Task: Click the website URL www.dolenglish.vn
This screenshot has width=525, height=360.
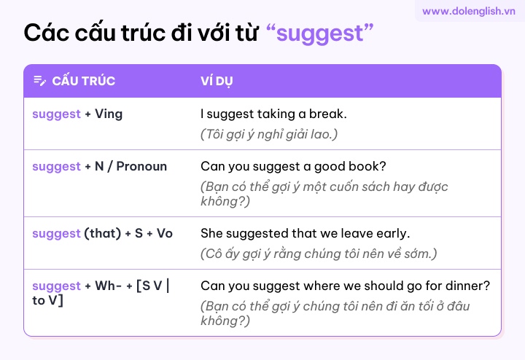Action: [x=468, y=11]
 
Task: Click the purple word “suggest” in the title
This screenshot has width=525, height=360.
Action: [x=320, y=34]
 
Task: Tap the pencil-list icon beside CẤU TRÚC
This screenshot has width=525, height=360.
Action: [x=40, y=81]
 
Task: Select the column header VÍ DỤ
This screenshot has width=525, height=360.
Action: [x=217, y=81]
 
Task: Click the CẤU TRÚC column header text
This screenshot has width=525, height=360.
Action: [x=84, y=81]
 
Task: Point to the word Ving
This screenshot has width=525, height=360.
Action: [x=109, y=114]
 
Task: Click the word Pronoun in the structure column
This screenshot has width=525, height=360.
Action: [x=141, y=166]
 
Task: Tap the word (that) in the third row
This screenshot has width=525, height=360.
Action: [x=103, y=233]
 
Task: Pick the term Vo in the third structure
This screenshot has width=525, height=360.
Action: [x=164, y=233]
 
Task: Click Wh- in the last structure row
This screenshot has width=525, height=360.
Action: [x=108, y=286]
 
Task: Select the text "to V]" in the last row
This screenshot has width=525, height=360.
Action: [x=47, y=300]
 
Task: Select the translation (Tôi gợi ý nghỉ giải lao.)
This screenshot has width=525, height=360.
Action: [x=269, y=134]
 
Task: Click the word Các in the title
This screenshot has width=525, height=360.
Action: [x=47, y=34]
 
